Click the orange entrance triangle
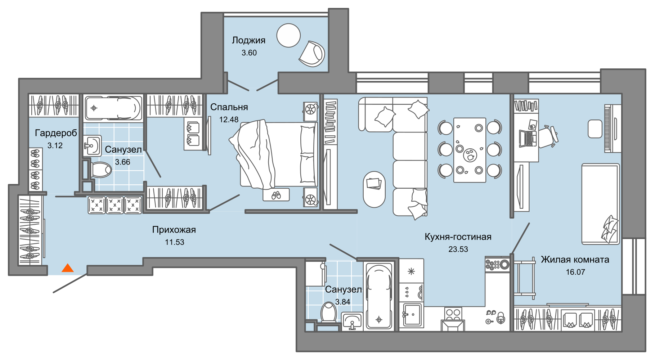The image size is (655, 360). (x=68, y=268)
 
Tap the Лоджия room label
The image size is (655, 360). (x=248, y=40)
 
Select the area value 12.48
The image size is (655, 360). (x=229, y=120)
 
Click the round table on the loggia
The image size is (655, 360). (x=288, y=35)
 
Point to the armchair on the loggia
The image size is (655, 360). (x=312, y=54)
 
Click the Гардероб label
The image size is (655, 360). (x=56, y=133)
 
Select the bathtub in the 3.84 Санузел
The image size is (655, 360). (x=379, y=296)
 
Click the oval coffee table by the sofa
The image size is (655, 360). (x=374, y=189)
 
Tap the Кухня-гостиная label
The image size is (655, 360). (x=458, y=237)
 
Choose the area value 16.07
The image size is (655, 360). (x=575, y=272)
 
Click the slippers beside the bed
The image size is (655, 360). (x=276, y=195)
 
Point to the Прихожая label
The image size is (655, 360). (x=174, y=230)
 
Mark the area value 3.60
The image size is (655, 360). (x=249, y=53)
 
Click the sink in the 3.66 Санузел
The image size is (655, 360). (x=93, y=146)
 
